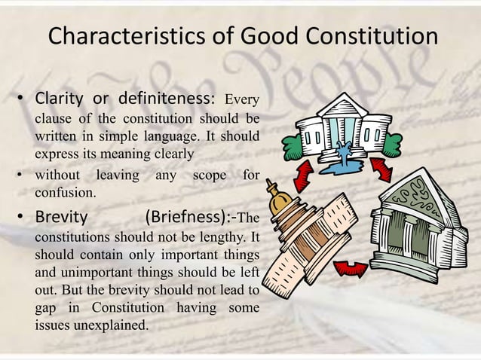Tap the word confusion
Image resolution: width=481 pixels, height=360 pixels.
click(x=66, y=192)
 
